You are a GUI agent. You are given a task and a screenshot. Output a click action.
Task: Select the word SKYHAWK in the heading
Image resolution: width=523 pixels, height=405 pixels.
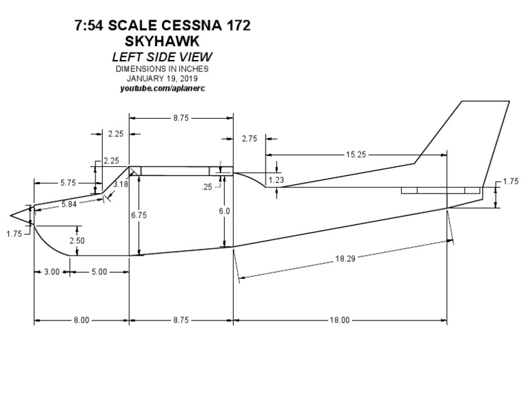click(161, 42)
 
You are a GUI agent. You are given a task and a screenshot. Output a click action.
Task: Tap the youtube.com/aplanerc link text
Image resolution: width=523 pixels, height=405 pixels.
click(161, 89)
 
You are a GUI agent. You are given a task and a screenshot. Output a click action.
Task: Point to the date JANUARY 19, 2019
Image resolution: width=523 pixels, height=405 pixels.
click(161, 78)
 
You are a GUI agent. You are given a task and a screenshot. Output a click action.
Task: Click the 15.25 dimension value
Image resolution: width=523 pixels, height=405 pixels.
click(355, 155)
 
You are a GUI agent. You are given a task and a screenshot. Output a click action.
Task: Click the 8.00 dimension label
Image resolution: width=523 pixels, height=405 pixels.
click(81, 320)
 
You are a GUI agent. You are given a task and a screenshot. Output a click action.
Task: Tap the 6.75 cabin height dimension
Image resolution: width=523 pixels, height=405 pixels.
click(138, 214)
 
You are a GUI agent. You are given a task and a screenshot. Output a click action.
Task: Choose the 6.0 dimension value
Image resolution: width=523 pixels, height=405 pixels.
click(225, 211)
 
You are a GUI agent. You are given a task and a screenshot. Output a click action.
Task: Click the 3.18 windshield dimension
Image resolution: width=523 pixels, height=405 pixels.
click(121, 184)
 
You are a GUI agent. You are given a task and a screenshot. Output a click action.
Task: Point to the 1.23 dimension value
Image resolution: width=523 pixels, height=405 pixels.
click(276, 179)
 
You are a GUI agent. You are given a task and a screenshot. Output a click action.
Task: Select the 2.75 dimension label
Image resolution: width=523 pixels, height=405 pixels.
click(249, 138)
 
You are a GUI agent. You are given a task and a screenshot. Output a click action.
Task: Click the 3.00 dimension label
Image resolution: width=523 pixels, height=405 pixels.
click(51, 272)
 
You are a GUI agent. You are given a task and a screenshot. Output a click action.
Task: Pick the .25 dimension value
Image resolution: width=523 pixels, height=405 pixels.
click(207, 187)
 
